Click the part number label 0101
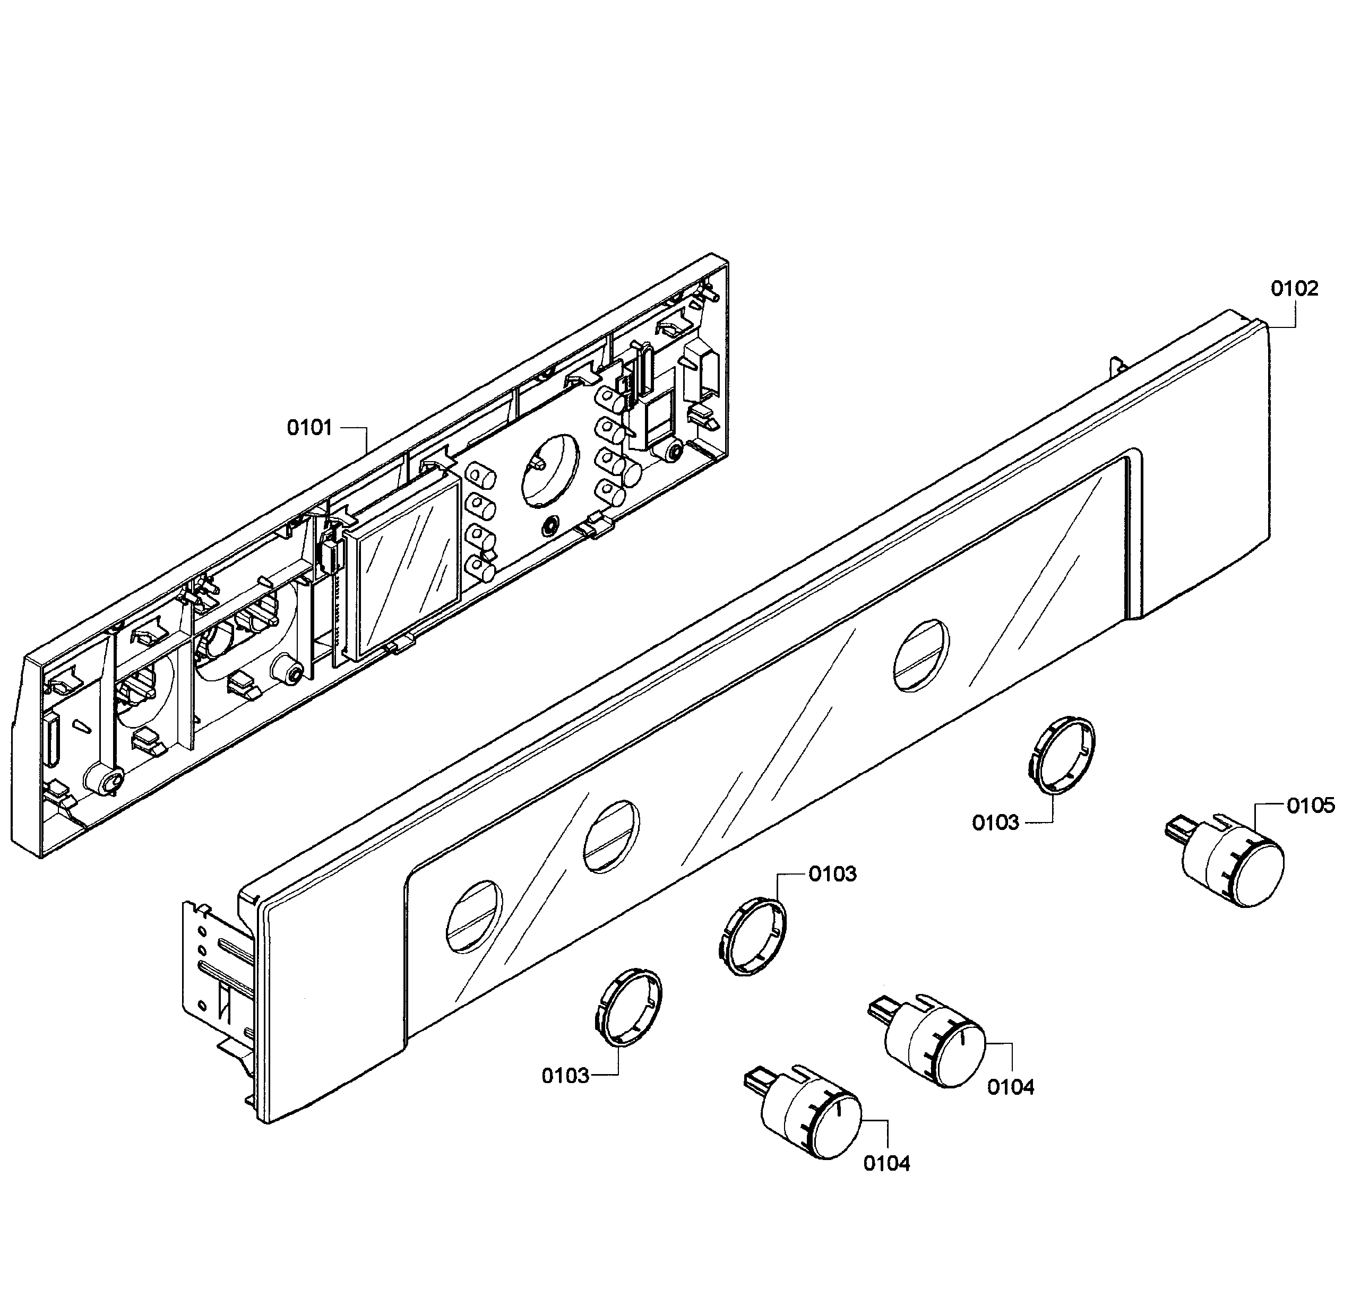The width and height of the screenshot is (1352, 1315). coord(309,428)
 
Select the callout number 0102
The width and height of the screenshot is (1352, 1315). coord(1295,289)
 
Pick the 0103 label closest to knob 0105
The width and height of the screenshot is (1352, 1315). coord(995,823)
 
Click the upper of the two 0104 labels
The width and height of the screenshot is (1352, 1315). coord(1010,1087)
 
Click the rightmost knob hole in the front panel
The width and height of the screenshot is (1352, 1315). coord(921,655)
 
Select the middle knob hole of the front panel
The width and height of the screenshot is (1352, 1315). coord(611,837)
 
